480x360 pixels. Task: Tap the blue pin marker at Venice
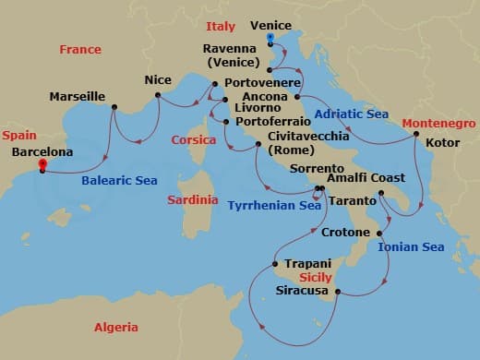(270, 39)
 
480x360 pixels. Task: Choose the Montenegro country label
(438, 124)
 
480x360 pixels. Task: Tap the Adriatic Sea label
(351, 114)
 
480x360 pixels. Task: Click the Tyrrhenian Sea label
(273, 206)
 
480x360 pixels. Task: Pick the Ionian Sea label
(411, 246)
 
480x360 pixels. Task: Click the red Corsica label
(194, 140)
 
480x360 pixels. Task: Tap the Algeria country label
(116, 328)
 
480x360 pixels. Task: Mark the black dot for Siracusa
(338, 294)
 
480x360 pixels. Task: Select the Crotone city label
(345, 233)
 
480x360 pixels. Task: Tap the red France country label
(80, 49)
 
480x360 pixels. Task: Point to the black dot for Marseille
(114, 107)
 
